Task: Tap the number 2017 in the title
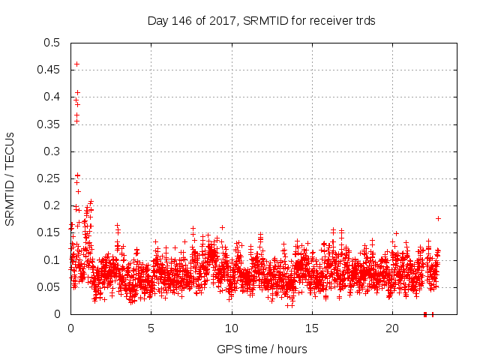(x=214, y=21)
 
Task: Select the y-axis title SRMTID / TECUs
(x=10, y=178)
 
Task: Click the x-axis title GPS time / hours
(x=262, y=349)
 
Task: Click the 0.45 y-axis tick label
(x=50, y=70)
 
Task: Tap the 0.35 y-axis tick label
(x=50, y=124)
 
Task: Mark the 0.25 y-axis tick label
(x=50, y=178)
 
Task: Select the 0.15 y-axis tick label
(x=50, y=232)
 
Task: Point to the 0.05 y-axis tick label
(x=50, y=287)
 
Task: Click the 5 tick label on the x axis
(x=151, y=328)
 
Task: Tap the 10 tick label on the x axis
(x=232, y=328)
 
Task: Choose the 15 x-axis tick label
(x=312, y=328)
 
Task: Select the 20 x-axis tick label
(x=392, y=328)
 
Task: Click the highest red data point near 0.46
(x=76, y=64)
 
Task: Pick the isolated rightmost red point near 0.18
(x=438, y=218)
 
